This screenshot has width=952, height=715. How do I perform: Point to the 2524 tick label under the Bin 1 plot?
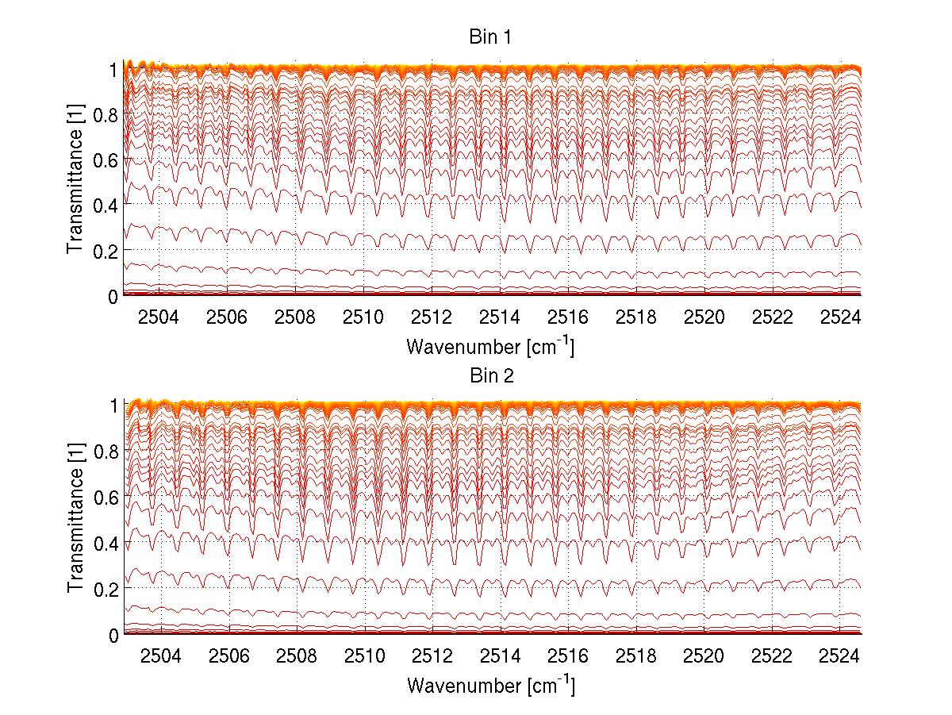pos(840,317)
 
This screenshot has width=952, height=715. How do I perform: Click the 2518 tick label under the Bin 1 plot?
pos(635,317)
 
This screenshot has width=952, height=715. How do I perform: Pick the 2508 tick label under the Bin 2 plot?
pos(296,655)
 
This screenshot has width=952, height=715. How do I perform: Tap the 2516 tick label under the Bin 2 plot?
pos(568,655)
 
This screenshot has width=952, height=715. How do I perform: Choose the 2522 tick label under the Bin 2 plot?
pos(772,655)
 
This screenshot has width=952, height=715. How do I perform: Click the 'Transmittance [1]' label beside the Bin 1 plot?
pos(75,182)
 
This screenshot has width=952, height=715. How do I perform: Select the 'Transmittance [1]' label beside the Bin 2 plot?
pos(75,521)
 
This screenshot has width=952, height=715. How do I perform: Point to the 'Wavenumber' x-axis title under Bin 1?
pos(489,347)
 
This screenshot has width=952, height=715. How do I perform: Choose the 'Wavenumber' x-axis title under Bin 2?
pos(489,685)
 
